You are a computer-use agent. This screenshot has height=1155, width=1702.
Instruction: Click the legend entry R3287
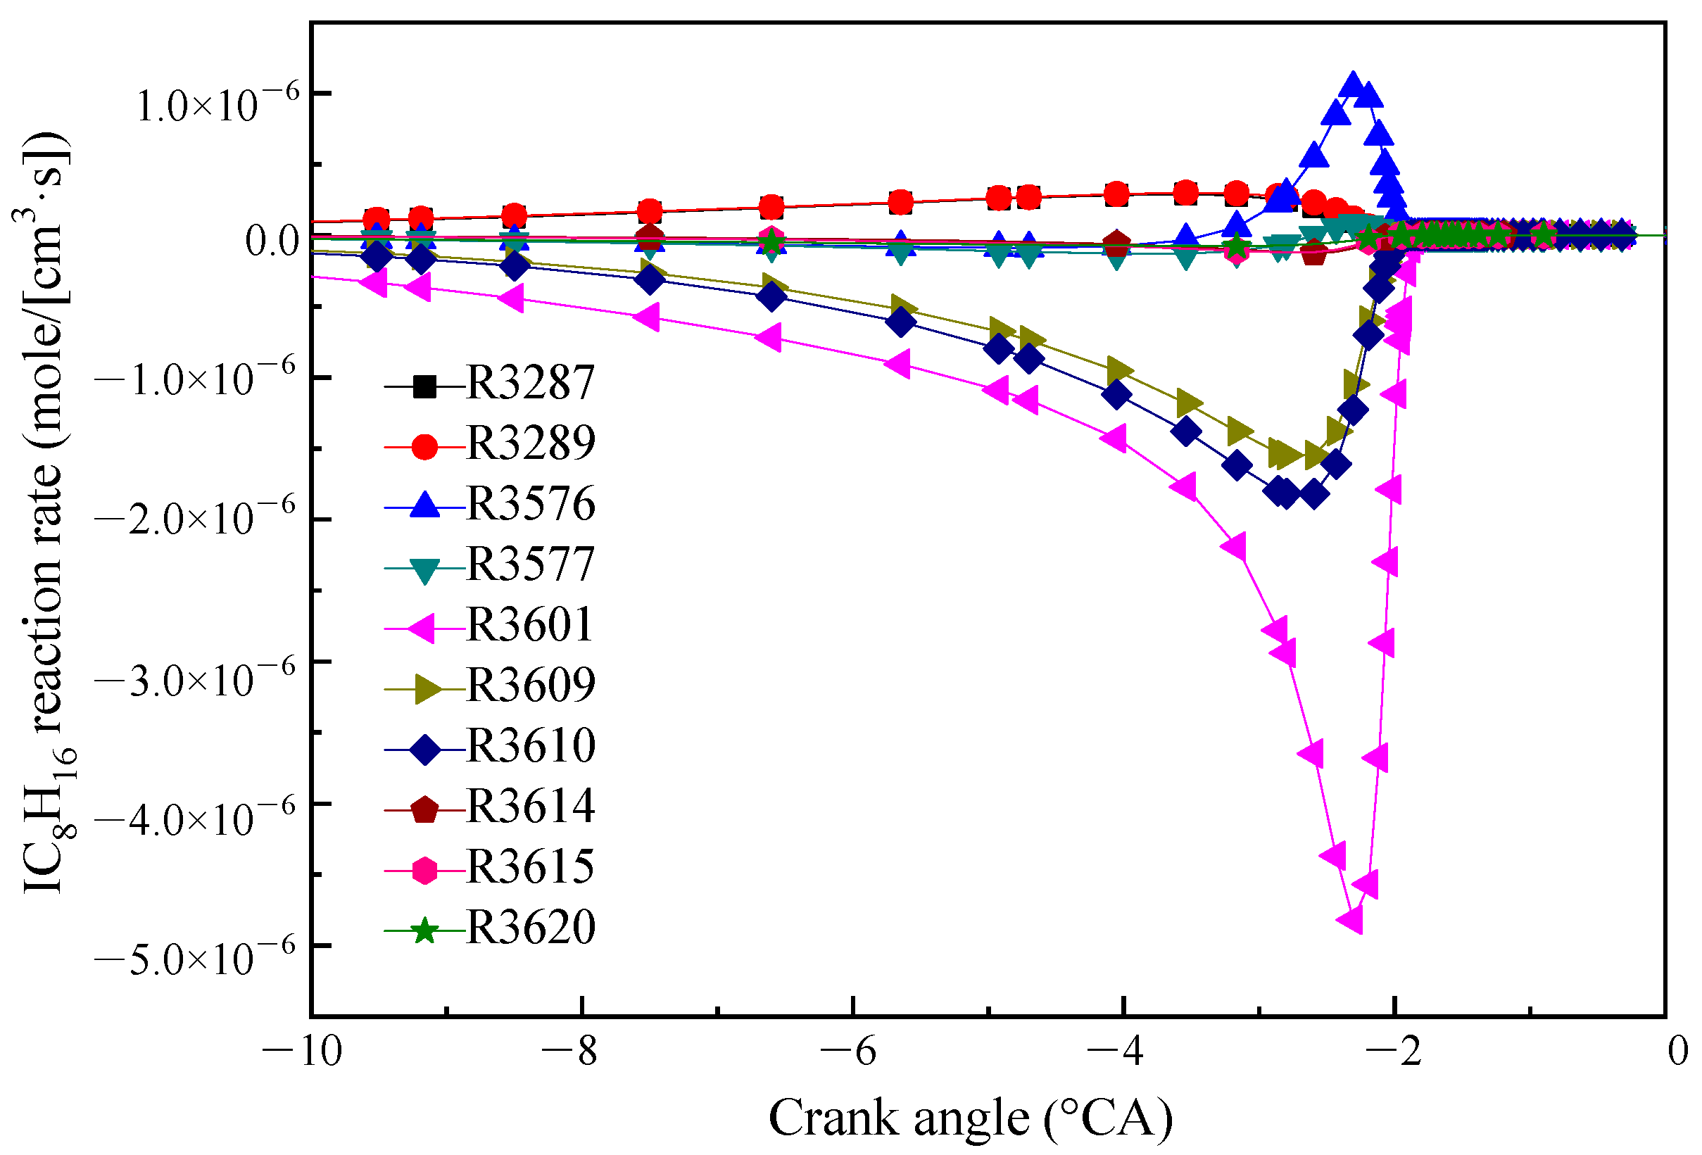(529, 382)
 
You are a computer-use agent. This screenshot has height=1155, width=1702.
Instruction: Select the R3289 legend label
(529, 443)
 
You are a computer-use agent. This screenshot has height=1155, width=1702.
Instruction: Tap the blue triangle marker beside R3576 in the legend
(424, 504)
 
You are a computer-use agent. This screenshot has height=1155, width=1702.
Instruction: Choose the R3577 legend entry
(529, 564)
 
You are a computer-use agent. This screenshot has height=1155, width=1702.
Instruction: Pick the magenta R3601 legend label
(529, 626)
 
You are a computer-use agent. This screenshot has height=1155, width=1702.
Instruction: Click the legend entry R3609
(529, 686)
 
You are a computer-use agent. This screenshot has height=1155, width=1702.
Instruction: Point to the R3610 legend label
(529, 747)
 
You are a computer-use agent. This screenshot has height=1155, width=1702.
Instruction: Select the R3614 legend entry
(529, 808)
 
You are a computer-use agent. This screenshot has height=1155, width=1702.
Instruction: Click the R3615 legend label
(529, 869)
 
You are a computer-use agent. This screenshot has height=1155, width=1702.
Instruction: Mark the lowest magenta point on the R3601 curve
(1351, 919)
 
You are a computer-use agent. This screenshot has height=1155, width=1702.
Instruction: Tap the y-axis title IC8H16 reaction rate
(46, 512)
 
